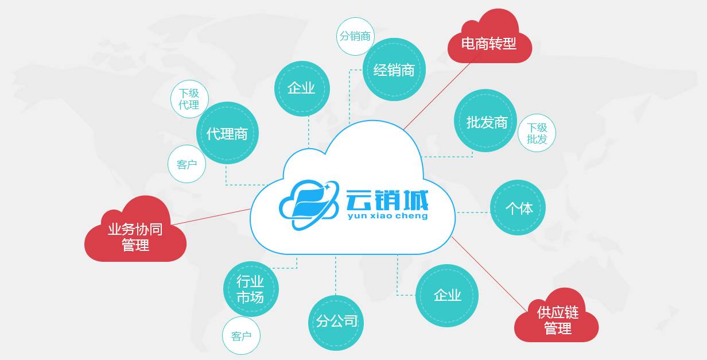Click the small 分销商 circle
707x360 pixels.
click(355, 36)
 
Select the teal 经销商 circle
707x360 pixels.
click(394, 70)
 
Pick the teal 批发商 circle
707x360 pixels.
click(486, 121)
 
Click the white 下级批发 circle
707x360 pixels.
click(537, 133)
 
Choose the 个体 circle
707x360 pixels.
click(518, 208)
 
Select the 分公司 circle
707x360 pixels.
click(336, 322)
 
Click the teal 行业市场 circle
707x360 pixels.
click(250, 289)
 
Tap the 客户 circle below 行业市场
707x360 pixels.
click(241, 336)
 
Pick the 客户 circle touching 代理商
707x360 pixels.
click(187, 164)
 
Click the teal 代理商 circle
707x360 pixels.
click(227, 133)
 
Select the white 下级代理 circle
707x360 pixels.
click(189, 99)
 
